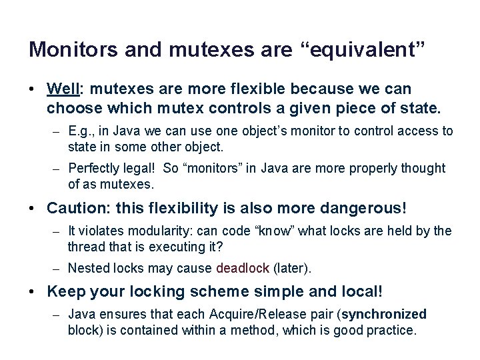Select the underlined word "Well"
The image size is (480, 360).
[x=63, y=89]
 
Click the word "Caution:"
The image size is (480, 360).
[x=77, y=208]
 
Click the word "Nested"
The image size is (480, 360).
[x=88, y=268]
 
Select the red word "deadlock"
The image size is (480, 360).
[x=243, y=268]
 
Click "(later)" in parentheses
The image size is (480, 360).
[x=292, y=268]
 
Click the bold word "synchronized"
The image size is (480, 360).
[x=383, y=314]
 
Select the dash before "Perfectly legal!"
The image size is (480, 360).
[x=58, y=169]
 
